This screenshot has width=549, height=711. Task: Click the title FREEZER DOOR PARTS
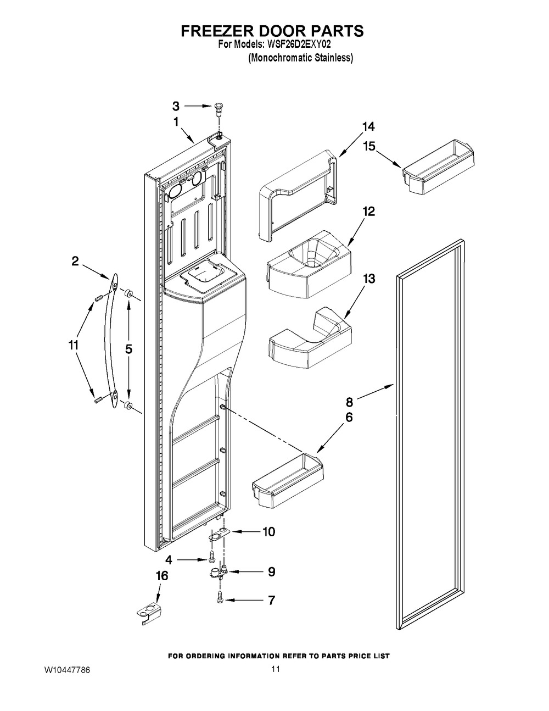coord(272,31)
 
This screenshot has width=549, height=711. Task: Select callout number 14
coord(368,127)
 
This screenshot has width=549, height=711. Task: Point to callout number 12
coord(368,212)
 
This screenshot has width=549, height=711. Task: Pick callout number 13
coord(368,279)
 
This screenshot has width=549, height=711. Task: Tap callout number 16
coord(161,576)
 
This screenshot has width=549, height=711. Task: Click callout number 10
coord(268,532)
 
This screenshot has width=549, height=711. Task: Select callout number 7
coord(271,600)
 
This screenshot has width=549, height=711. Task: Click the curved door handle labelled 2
coord(111,343)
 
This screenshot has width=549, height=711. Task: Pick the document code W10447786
coord(68,671)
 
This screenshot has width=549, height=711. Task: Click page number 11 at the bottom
coord(275,669)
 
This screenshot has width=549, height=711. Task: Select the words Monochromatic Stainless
coord(300,58)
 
